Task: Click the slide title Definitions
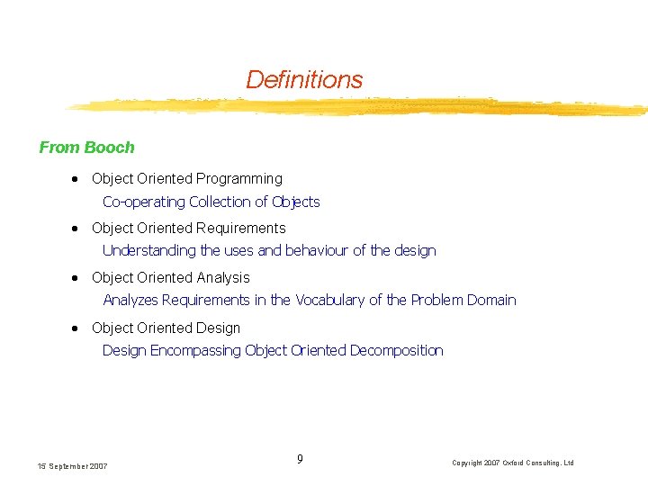tap(304, 80)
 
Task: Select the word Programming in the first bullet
tap(239, 179)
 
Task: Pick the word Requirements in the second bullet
tap(241, 229)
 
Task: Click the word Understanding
tap(149, 251)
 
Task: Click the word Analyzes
tap(130, 301)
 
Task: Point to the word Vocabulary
tap(330, 301)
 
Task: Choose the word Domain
tap(491, 301)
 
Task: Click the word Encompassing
tap(195, 350)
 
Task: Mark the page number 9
tap(300, 460)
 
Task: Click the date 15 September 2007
tap(73, 466)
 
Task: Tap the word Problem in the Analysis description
tap(436, 301)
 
